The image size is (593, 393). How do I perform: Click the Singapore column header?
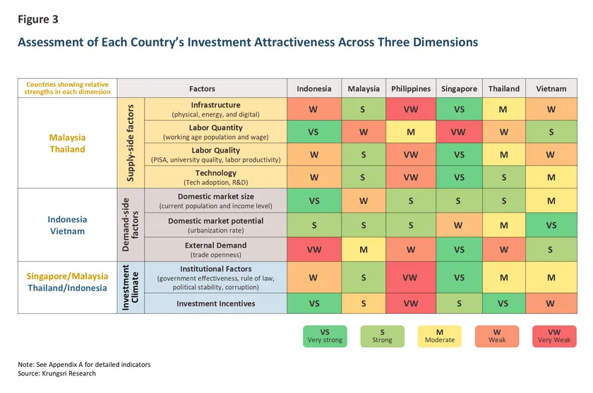459,88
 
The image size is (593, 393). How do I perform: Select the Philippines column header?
411,88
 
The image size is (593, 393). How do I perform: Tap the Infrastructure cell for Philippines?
411,109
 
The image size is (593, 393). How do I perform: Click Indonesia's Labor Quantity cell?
314,132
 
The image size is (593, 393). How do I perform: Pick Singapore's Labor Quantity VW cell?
459,132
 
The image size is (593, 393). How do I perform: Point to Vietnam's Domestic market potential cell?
551,225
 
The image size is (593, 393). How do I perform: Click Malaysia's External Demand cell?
364,249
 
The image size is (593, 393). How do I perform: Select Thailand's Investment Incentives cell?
504,303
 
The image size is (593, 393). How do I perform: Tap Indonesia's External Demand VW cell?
314,249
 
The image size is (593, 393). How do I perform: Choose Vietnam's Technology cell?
551,177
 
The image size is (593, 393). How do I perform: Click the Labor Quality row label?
215,155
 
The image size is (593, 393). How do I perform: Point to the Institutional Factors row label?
215,277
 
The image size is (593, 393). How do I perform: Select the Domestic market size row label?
215,200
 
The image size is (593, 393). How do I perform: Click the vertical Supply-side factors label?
131,143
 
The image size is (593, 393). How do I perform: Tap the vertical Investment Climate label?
130,288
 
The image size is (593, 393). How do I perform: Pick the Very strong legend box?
325,336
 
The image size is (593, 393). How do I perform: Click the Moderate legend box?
439,336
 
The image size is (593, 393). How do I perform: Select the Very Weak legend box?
554,336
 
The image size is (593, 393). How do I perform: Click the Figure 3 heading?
38,19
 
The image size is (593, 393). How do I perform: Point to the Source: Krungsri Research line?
56,373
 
